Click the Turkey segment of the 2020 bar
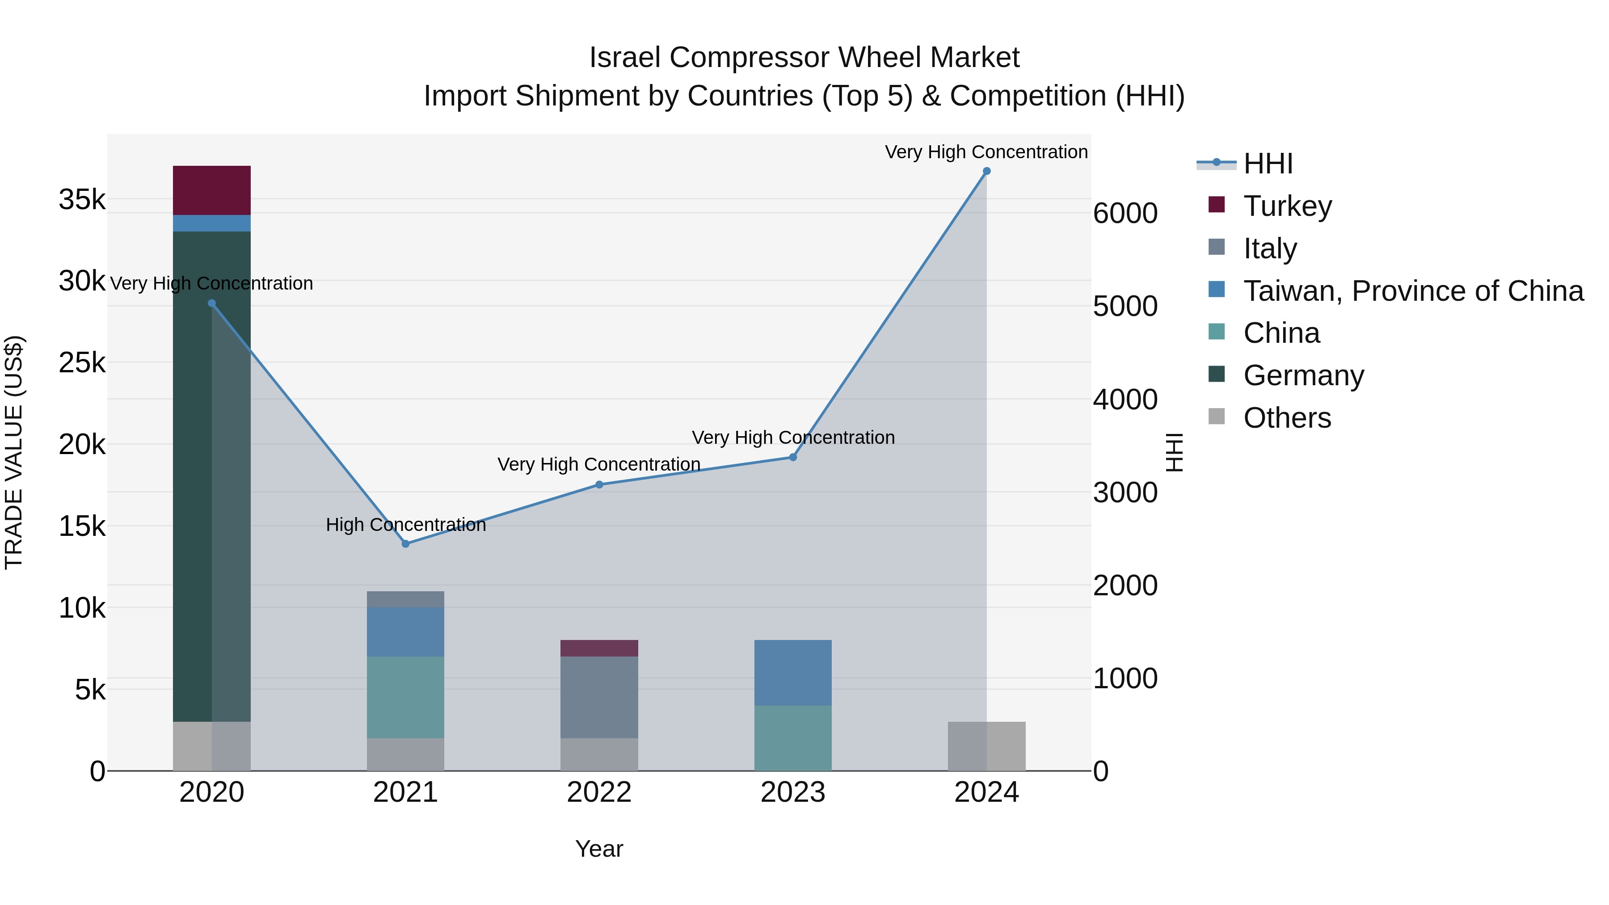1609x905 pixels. pos(212,190)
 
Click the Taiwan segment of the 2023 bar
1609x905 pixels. pos(792,673)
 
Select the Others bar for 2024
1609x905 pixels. pos(986,746)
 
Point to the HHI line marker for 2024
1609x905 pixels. pos(986,171)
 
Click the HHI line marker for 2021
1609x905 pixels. pos(405,544)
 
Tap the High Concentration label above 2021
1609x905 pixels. pos(405,525)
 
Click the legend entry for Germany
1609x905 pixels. pos(1303,375)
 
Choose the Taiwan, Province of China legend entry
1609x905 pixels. pos(1413,291)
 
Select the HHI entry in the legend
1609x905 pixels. pos(1268,164)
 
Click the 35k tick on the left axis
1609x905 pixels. pos(82,200)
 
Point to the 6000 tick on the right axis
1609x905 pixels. pos(1125,213)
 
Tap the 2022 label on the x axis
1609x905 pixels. pos(599,792)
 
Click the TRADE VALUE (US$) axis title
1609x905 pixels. pos(14,452)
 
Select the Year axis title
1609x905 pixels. pos(599,849)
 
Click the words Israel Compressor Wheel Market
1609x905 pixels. pos(804,58)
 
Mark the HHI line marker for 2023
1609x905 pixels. pos(792,457)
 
